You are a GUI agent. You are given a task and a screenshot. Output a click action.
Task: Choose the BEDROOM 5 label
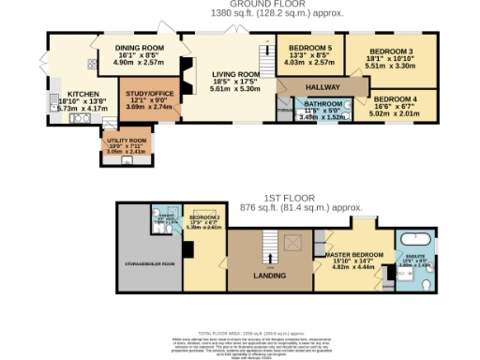point(308,46)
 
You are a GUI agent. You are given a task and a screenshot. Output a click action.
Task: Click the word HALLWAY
point(321,84)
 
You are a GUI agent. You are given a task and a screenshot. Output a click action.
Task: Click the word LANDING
point(270,275)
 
